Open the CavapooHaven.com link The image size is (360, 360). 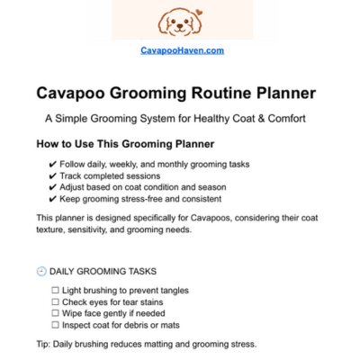tap(182, 50)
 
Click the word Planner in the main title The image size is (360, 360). tap(283, 94)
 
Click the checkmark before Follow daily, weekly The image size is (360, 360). tap(53, 164)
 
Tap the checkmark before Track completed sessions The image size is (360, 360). tap(53, 175)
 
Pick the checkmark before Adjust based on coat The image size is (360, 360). tap(53, 187)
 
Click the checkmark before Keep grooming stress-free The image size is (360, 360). tap(53, 199)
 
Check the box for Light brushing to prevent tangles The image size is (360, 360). tap(56, 291)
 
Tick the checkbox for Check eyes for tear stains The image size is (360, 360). tap(56, 302)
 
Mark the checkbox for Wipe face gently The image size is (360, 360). tap(56, 313)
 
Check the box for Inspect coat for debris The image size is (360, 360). tap(56, 325)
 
